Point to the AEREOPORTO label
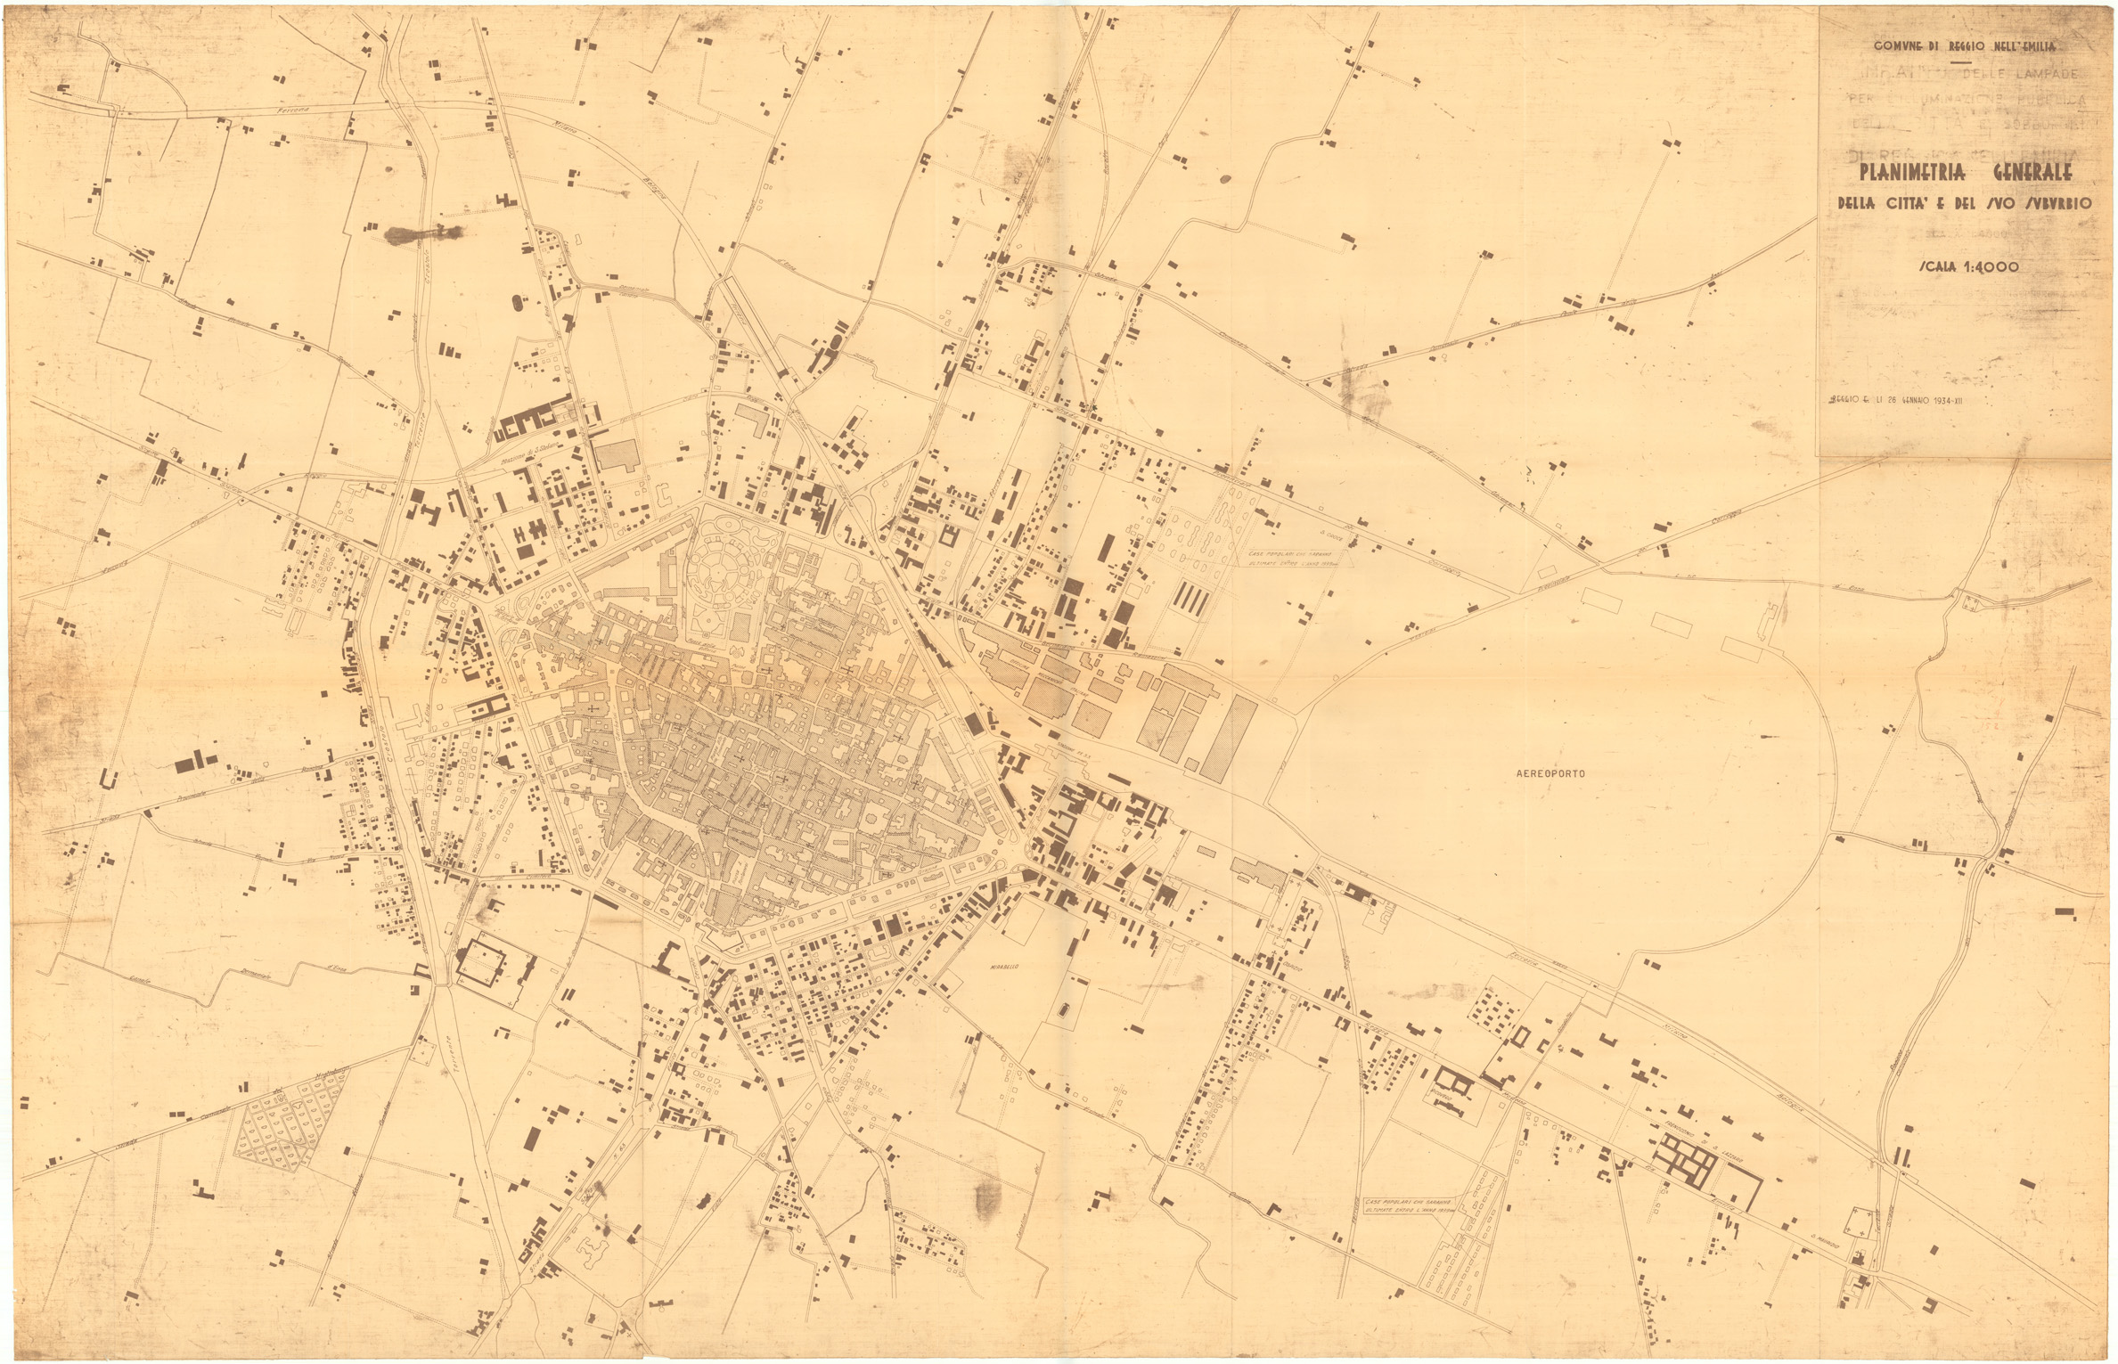click(x=1550, y=774)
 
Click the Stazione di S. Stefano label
click(x=515, y=455)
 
